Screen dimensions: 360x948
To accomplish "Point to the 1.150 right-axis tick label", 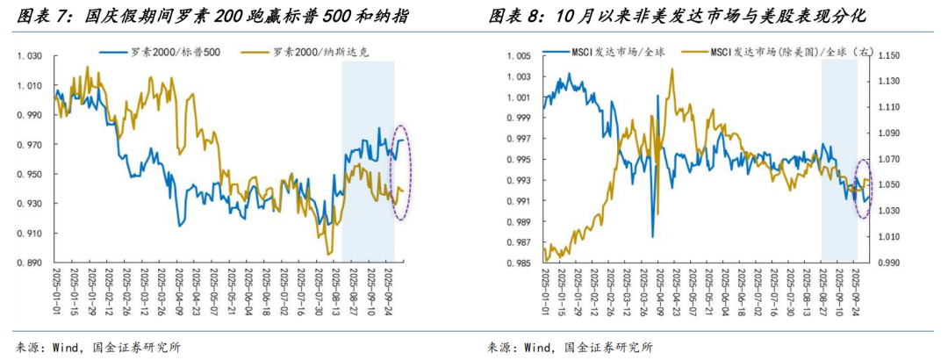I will [889, 56].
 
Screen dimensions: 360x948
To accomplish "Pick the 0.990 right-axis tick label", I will [889, 263].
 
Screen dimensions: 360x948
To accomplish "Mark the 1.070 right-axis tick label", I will [889, 159].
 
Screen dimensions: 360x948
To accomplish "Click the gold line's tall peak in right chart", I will [672, 70].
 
